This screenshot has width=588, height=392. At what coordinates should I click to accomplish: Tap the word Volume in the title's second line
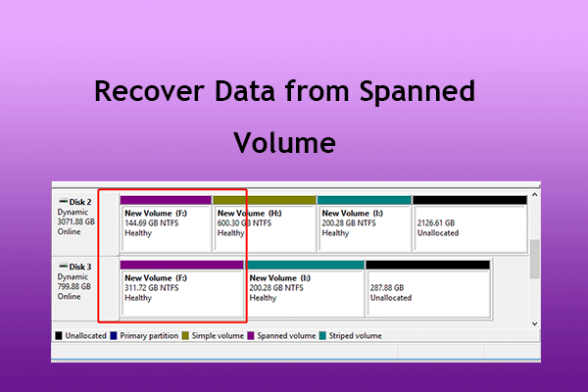[286, 143]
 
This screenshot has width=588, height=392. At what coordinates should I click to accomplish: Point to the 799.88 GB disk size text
[75, 286]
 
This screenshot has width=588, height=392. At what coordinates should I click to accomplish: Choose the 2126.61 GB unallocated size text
[437, 223]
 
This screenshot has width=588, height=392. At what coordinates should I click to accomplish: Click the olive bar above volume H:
[264, 200]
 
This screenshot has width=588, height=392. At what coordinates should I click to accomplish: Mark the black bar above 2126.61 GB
[468, 200]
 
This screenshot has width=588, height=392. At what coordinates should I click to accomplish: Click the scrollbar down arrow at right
[534, 322]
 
